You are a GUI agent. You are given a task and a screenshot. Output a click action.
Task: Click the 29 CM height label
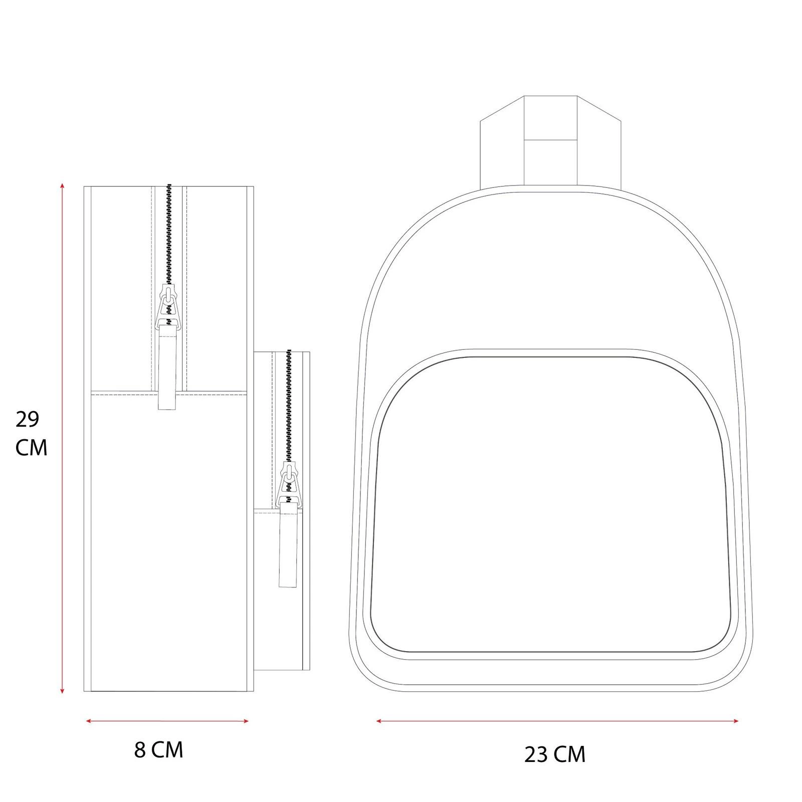31,434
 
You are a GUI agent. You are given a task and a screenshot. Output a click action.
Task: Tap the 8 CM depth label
159,750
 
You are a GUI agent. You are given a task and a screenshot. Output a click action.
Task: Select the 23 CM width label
555,754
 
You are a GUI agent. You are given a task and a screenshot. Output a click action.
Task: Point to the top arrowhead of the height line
62,185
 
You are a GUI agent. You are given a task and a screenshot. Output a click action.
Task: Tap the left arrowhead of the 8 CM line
89,721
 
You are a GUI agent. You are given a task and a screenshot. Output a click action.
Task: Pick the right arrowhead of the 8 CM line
246,721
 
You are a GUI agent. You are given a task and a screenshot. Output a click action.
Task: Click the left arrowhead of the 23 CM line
379,721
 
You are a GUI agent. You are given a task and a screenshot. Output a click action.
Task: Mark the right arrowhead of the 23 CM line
735,721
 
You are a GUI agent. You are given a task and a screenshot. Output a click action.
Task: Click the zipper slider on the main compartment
169,307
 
